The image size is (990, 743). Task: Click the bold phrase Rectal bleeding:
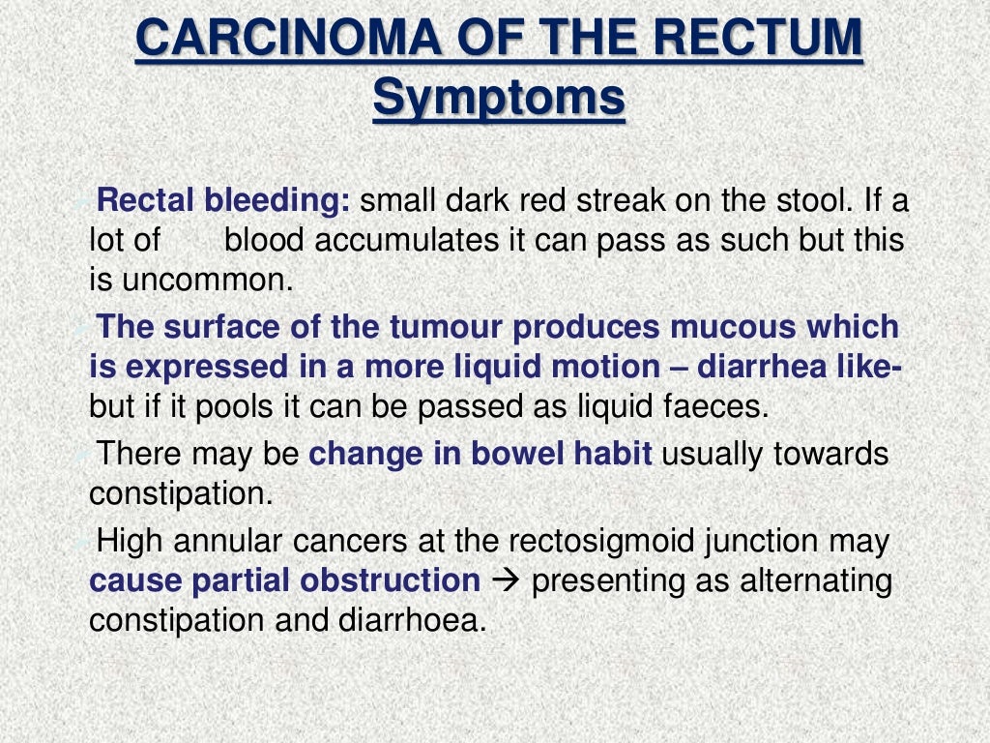tap(225, 202)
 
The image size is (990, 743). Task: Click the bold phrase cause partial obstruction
tap(284, 580)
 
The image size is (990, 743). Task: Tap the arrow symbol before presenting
tap(506, 581)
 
